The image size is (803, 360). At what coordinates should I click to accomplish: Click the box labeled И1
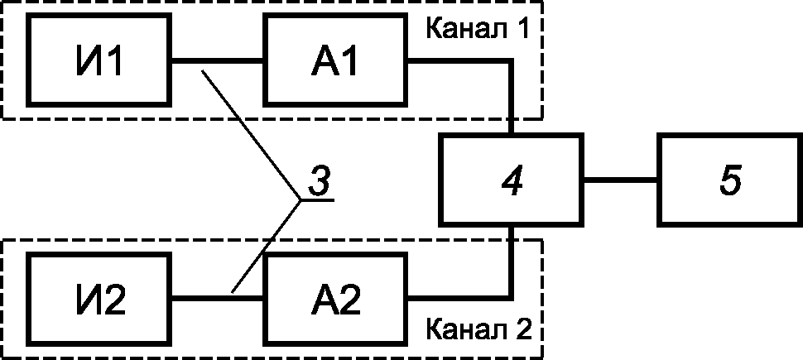(x=99, y=61)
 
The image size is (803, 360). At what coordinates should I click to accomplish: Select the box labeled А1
(x=335, y=61)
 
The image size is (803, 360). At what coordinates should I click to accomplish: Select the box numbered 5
(x=728, y=180)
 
